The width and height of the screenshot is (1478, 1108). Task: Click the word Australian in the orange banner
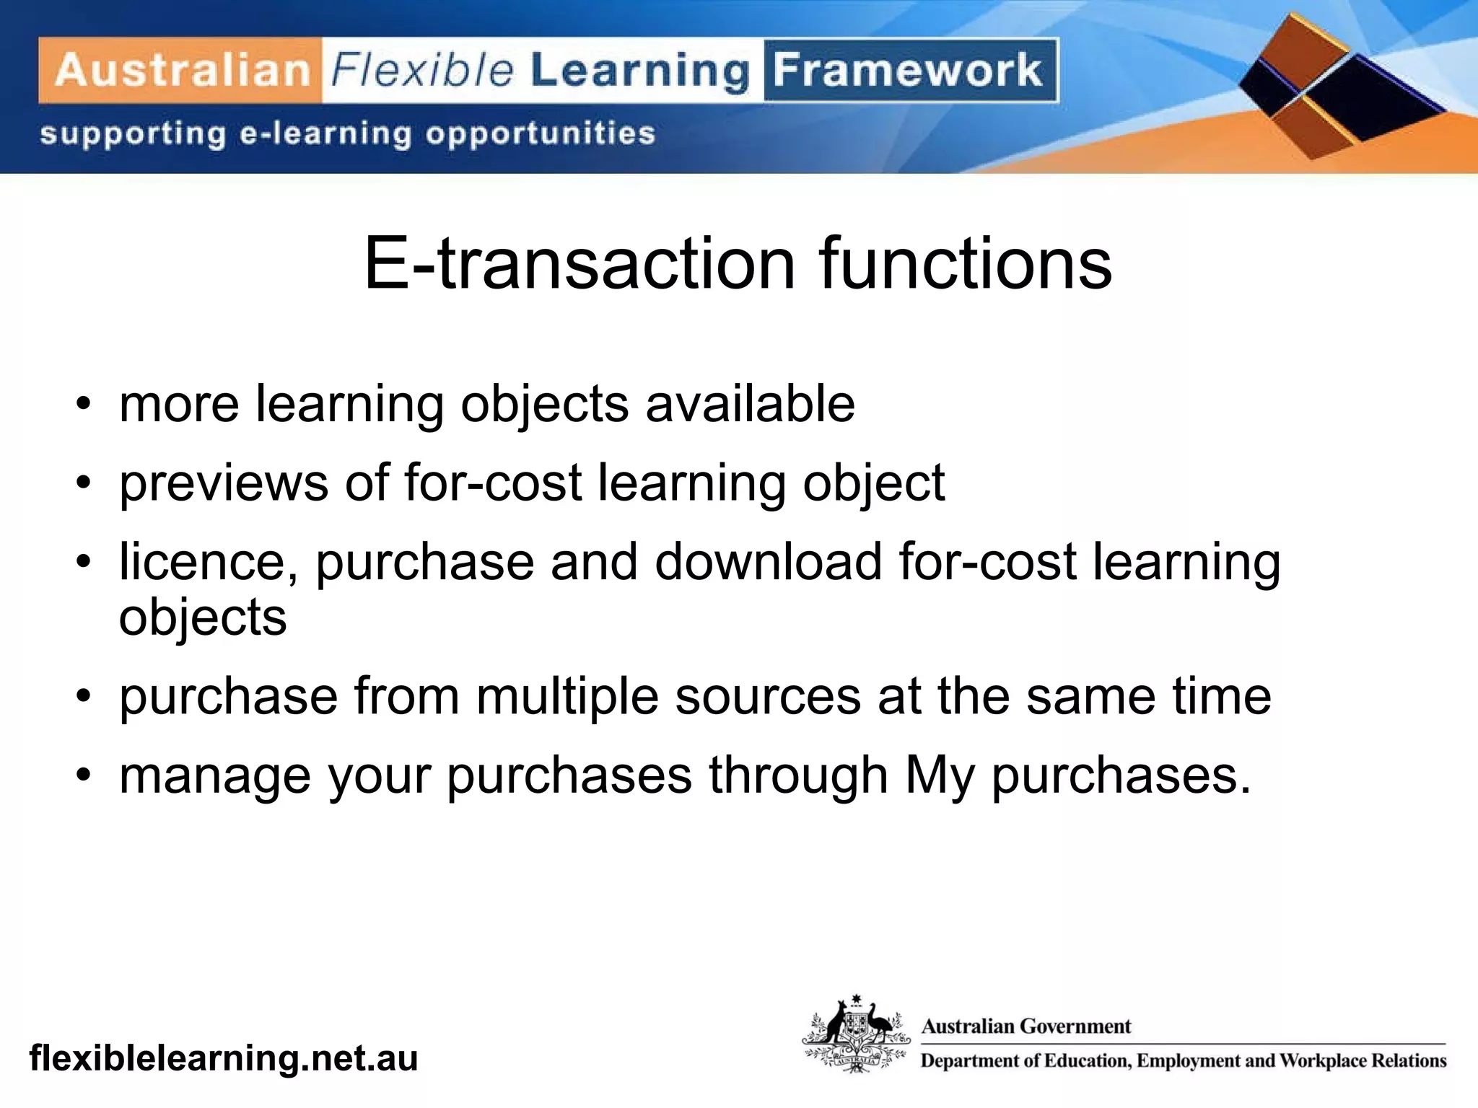pyautogui.click(x=182, y=71)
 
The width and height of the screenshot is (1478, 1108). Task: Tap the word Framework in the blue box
pyautogui.click(x=908, y=71)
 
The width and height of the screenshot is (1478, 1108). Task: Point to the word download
pyautogui.click(x=768, y=562)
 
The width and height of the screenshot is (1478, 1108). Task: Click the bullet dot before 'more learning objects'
pyautogui.click(x=84, y=404)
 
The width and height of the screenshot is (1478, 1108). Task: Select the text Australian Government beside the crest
pyautogui.click(x=1026, y=1026)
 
